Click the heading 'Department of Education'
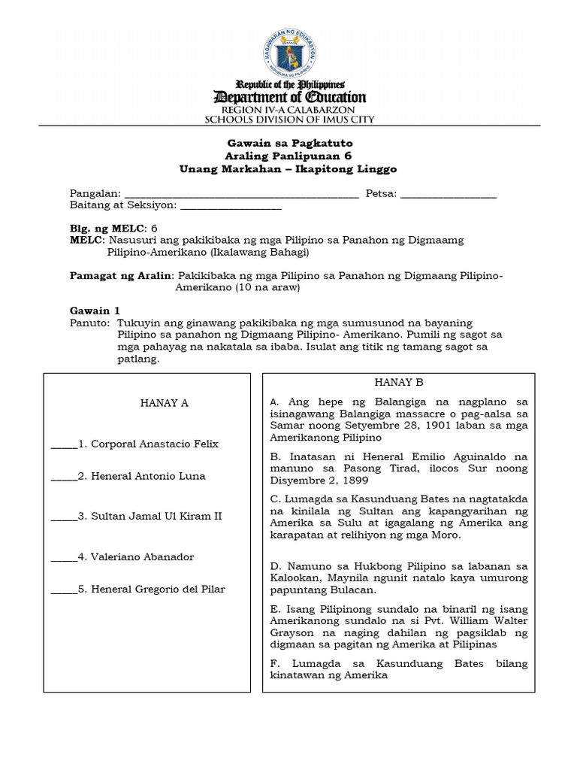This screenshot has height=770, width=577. pos(290,97)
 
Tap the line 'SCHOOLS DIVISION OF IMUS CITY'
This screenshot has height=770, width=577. pos(290,119)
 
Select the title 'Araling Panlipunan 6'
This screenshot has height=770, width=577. pos(288,156)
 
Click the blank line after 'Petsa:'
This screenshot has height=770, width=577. pos(449,194)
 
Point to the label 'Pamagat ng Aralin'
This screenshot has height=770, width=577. pos(121,276)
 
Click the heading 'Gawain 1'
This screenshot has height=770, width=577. pos(95,310)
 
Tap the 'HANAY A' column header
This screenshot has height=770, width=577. pos(165,403)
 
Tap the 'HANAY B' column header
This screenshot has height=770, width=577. pos(399,383)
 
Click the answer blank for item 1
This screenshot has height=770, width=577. pos(63,444)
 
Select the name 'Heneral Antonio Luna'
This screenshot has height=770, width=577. pos(148,476)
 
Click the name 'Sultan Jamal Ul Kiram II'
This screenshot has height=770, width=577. pos(156,517)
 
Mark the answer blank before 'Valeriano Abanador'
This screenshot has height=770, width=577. pos(63,558)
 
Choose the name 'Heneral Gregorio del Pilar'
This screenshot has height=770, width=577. pos(158,589)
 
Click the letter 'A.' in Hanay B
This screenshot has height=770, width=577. pos(274,402)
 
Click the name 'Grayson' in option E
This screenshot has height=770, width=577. pos(288,633)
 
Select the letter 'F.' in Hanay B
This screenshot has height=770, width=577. pos(274,664)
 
